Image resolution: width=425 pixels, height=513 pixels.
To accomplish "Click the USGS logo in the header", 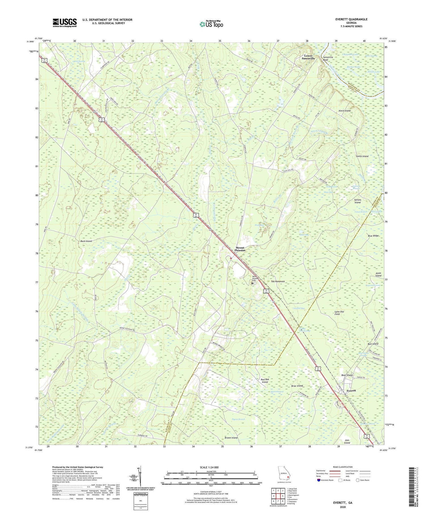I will coord(65,23).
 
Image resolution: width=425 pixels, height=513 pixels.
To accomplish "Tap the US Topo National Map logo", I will coord(211,24).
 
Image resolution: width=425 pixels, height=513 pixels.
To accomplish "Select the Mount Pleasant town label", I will coord(240,249).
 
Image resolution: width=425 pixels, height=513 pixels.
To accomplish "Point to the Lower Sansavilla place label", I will coord(308,57).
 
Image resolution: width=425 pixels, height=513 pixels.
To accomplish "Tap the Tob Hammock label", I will coord(278,282).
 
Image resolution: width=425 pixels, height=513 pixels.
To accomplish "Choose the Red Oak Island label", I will coord(264,381).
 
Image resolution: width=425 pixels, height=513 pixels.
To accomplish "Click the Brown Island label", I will coord(231,438).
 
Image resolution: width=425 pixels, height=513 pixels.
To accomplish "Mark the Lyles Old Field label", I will coord(339,313).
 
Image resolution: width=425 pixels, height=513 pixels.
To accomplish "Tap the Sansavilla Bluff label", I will coord(329,59).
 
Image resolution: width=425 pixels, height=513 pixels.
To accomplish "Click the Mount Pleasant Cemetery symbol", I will coord(252,282).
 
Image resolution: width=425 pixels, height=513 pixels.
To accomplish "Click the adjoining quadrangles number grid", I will coord(278,496).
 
